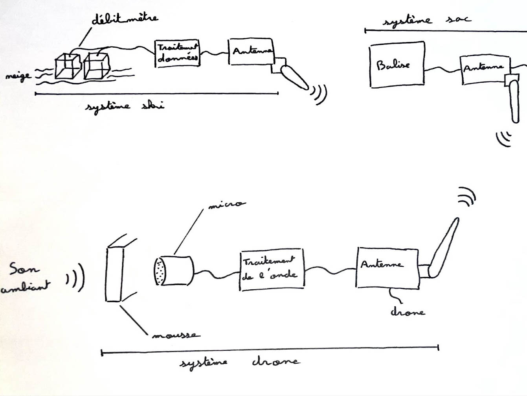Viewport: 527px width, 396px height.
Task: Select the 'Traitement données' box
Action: [177, 53]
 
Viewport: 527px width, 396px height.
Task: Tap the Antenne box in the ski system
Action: [251, 52]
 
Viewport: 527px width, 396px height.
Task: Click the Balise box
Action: [397, 64]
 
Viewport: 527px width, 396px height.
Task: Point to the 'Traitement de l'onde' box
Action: [271, 270]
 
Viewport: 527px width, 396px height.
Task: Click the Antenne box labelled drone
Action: [387, 268]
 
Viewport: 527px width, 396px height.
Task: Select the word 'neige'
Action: [18, 75]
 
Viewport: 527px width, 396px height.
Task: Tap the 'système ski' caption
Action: [124, 106]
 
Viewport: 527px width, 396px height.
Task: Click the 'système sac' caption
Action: [426, 20]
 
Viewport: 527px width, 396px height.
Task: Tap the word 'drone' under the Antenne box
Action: [407, 312]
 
